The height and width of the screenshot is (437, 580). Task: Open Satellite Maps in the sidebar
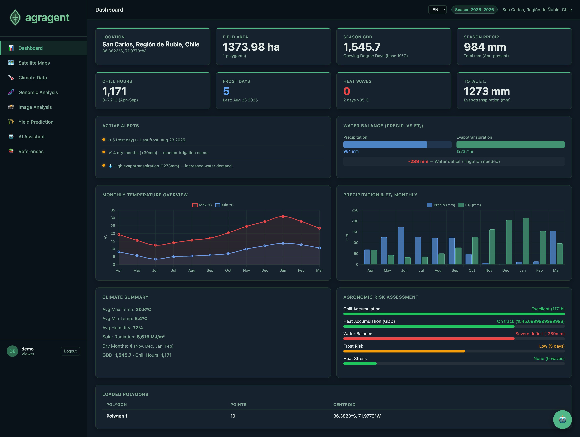(34, 63)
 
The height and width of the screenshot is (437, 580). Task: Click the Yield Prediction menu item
(36, 122)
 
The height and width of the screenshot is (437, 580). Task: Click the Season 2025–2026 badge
(474, 10)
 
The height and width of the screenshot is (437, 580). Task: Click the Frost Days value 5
(226, 91)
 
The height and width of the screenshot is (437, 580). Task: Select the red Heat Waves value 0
(347, 91)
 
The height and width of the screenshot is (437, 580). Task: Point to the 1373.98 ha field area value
(251, 47)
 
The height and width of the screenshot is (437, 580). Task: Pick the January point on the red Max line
(283, 216)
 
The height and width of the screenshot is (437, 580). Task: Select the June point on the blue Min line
(155, 259)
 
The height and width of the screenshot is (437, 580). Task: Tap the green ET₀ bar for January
(526, 241)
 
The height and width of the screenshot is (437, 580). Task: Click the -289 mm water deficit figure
(418, 161)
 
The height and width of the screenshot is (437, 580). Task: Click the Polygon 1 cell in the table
(117, 416)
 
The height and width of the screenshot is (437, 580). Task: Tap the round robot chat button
(562, 419)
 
